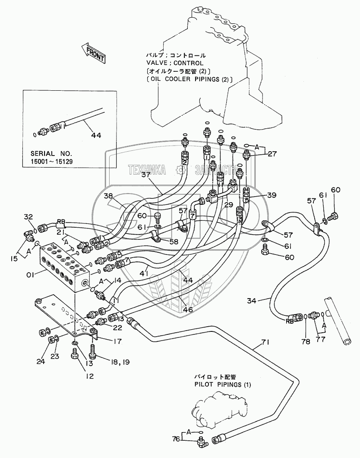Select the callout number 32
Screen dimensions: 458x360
pos(28,217)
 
